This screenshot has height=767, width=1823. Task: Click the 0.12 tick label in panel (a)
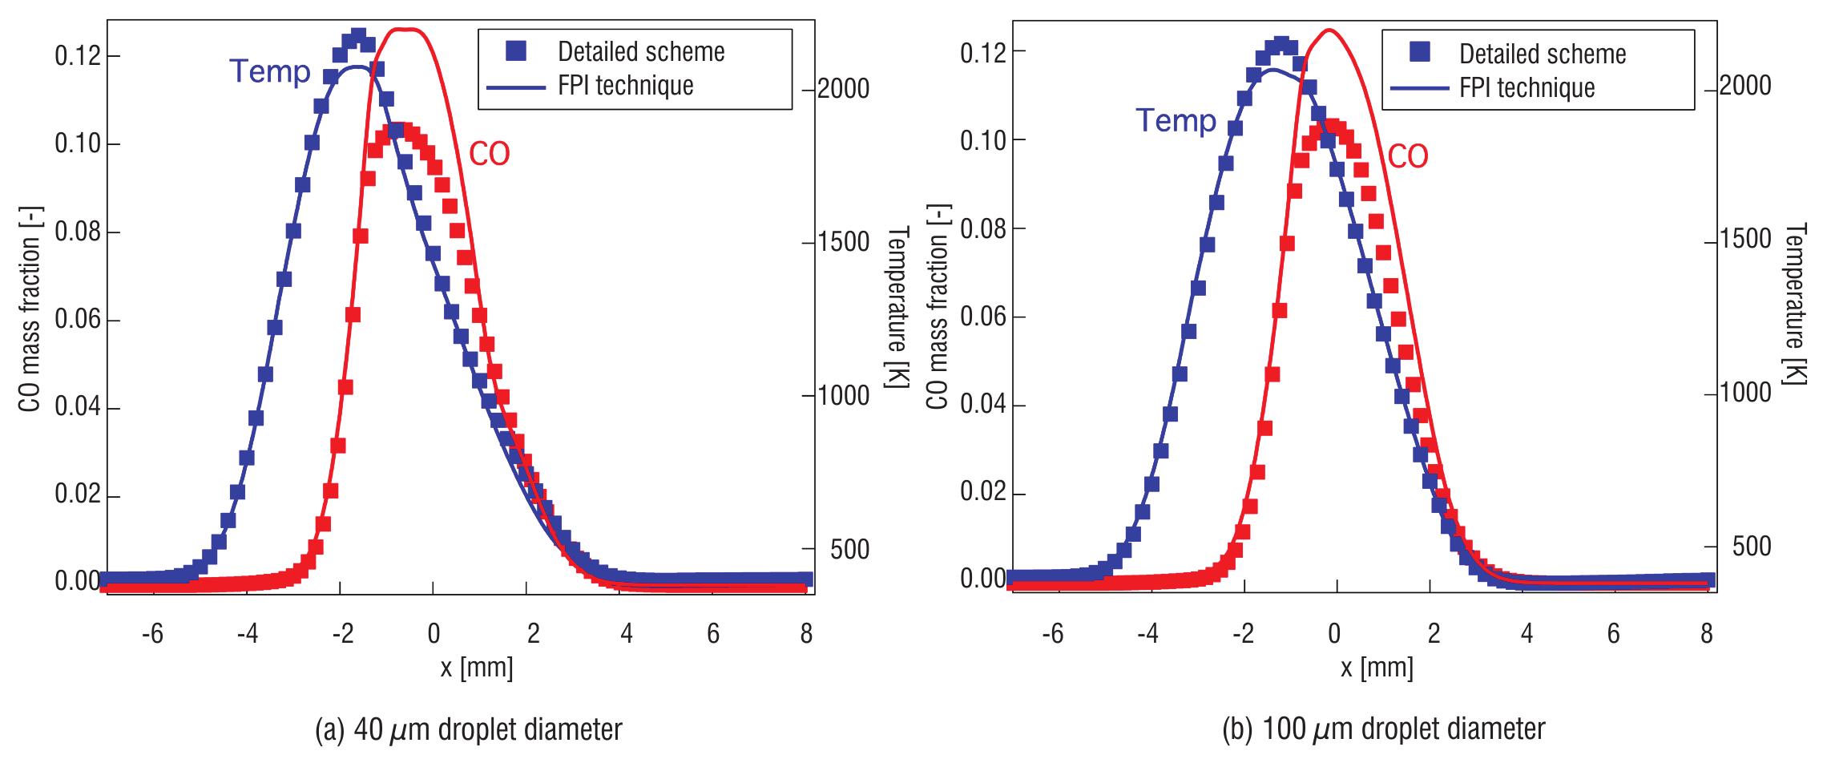[76, 56]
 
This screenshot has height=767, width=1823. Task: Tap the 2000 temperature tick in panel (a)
[843, 88]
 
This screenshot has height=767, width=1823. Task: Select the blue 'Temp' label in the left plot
[270, 72]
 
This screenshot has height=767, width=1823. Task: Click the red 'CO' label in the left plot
[489, 154]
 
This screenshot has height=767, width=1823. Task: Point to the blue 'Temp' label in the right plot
[1176, 121]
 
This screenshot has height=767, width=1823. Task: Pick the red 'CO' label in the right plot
[1408, 157]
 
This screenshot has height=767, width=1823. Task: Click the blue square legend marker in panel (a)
[517, 51]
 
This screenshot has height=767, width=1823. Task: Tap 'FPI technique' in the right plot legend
[1527, 87]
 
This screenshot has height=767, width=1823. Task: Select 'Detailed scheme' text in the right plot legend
[1543, 54]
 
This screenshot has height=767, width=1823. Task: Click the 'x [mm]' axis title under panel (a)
[477, 667]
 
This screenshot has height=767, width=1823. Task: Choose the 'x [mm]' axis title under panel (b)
[1377, 667]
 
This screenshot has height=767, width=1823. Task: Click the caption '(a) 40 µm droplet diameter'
[469, 729]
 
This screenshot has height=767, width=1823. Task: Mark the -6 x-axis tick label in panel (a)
[152, 634]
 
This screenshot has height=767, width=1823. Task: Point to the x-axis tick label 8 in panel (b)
[1706, 634]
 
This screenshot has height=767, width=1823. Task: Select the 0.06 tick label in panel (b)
[982, 317]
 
